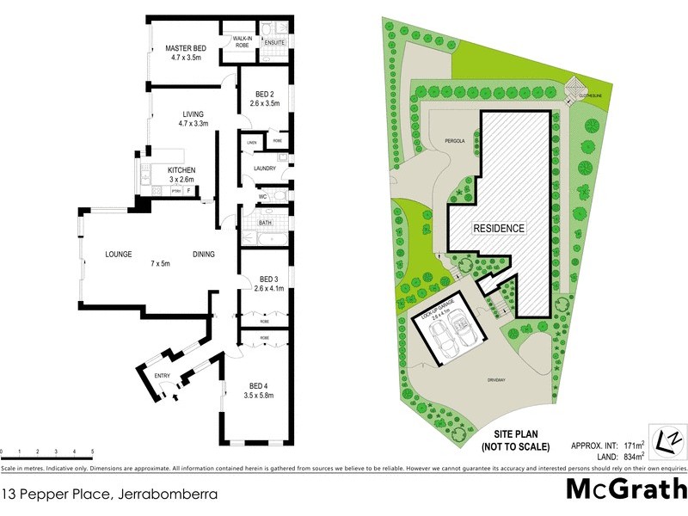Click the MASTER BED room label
click(185, 48)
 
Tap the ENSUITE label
click(275, 41)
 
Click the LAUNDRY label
click(264, 169)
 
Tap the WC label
click(264, 197)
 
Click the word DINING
click(204, 254)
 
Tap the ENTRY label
click(162, 377)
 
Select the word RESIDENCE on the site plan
click(499, 229)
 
